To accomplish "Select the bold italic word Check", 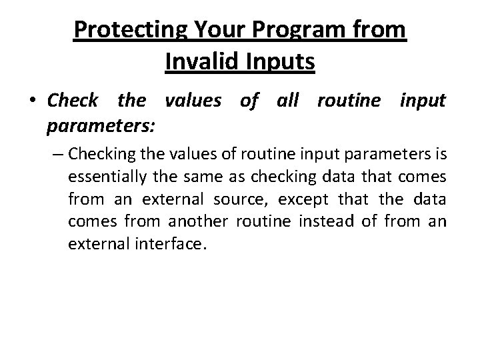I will pos(73,102).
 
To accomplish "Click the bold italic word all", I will pos(288,102).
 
